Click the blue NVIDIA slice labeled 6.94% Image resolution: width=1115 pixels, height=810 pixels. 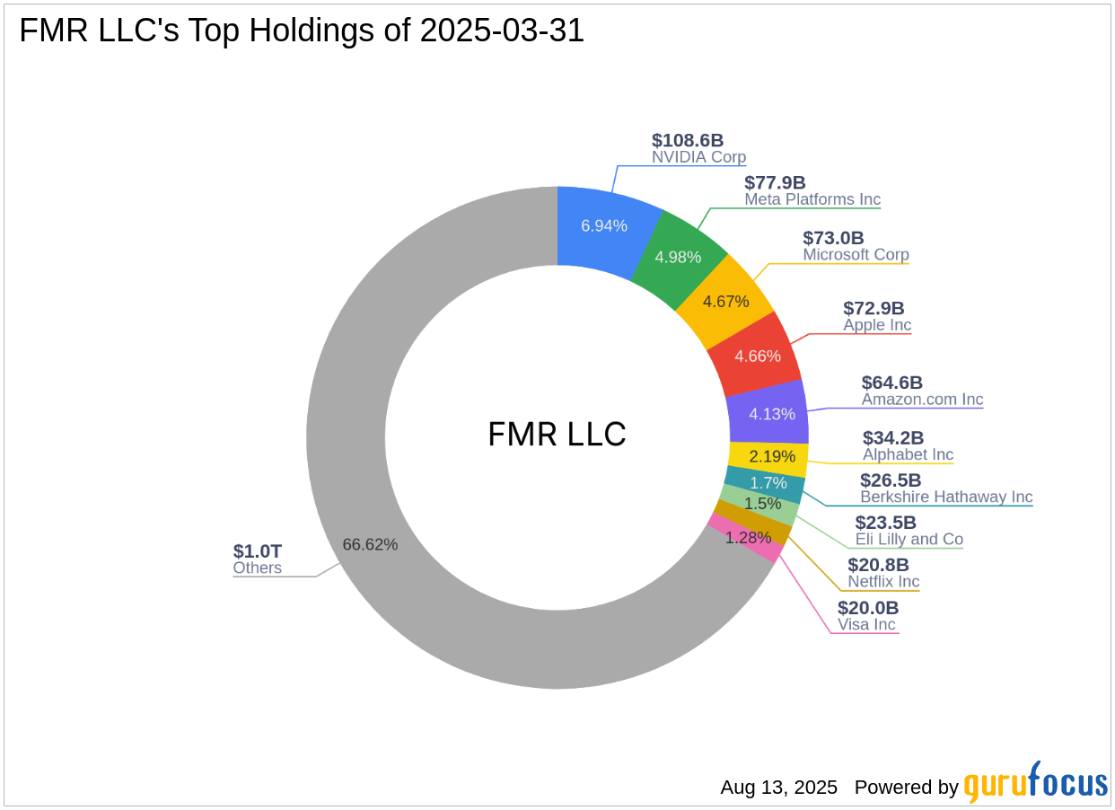pyautogui.click(x=603, y=226)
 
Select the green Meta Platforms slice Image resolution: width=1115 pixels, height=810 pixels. pyautogui.click(x=678, y=257)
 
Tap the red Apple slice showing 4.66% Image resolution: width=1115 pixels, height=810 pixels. pyautogui.click(x=757, y=356)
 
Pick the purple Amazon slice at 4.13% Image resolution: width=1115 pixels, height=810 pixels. pyautogui.click(x=770, y=414)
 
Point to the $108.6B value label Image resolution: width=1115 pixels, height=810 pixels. pyautogui.click(x=688, y=140)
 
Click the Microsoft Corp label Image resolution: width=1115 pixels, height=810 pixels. pyautogui.click(x=856, y=255)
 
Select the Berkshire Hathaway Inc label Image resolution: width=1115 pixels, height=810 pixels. pyautogui.click(x=946, y=497)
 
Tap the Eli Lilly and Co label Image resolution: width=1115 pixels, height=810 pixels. pyautogui.click(x=909, y=540)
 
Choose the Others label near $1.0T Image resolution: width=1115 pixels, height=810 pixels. pyautogui.click(x=257, y=568)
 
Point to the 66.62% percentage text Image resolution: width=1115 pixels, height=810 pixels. pyautogui.click(x=370, y=544)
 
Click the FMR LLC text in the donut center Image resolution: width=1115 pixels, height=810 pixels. pyautogui.click(x=557, y=435)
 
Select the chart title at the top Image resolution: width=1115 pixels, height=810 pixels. pyautogui.click(x=302, y=31)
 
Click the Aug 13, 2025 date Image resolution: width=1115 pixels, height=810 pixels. pyautogui.click(x=778, y=788)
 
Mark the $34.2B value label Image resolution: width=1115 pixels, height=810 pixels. pyautogui.click(x=893, y=438)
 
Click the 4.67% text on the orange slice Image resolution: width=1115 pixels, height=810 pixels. pyautogui.click(x=725, y=302)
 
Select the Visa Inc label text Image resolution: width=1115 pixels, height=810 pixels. pyautogui.click(x=866, y=625)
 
